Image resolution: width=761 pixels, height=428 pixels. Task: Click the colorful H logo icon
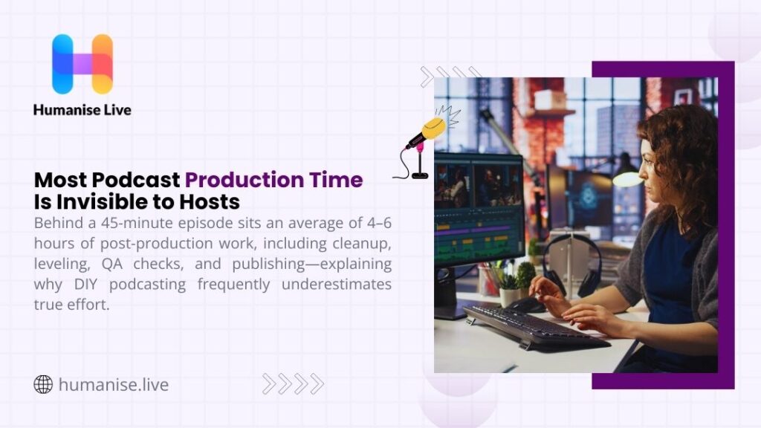82,64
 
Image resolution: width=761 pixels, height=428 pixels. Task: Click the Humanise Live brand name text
82,110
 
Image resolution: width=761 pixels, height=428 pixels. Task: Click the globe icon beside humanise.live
43,385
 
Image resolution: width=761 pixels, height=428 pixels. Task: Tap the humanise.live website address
113,385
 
